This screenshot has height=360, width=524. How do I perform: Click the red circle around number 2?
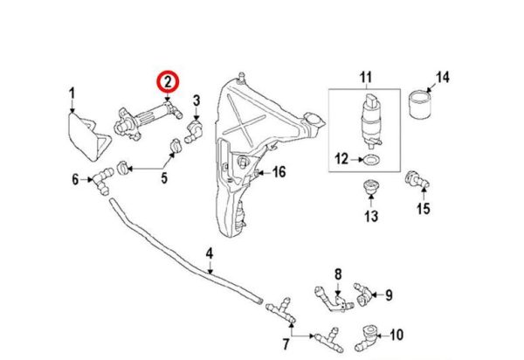coord(167,83)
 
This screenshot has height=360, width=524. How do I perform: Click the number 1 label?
coord(72,93)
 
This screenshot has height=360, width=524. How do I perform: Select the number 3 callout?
coord(196,100)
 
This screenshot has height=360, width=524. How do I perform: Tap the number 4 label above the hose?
coord(210,255)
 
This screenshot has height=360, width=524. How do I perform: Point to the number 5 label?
coord(162,181)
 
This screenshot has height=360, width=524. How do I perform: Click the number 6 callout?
coord(75,181)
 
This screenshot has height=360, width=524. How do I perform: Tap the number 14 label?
coord(443,78)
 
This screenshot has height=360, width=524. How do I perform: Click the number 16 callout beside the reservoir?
coord(279,171)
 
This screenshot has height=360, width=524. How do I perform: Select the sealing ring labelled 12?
coord(370,159)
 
